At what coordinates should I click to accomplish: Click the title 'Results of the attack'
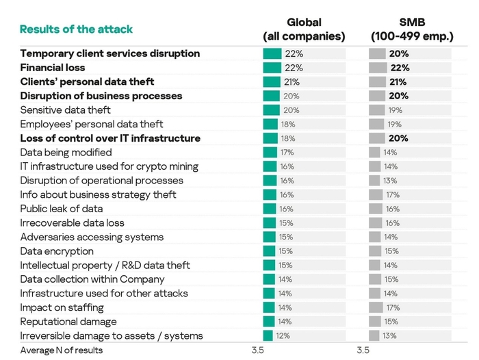tap(76, 29)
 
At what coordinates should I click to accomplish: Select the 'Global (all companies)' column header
tap(304, 29)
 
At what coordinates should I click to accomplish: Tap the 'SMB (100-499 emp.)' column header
tap(412, 29)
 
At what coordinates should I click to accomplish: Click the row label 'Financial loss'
tap(53, 68)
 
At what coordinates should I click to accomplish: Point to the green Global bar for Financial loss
tap(272, 68)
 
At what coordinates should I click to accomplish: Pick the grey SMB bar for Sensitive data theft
tap(376, 110)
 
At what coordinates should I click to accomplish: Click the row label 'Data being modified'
tap(66, 152)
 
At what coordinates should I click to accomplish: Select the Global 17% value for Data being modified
tap(287, 153)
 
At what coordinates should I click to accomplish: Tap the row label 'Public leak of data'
tap(62, 209)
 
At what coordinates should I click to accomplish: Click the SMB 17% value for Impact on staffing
tap(393, 308)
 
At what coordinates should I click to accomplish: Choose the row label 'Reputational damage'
tap(68, 322)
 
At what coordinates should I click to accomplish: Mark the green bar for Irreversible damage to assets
tap(268, 335)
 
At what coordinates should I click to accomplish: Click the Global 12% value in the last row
tap(283, 336)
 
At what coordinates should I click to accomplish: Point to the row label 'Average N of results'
tap(62, 350)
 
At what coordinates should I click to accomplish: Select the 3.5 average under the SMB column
tap(363, 350)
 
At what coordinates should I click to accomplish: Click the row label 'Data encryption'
tap(57, 251)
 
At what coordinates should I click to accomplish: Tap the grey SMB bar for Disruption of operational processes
tap(374, 181)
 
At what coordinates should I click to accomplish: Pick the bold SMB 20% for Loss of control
tap(398, 138)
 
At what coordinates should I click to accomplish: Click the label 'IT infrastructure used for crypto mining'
tap(109, 166)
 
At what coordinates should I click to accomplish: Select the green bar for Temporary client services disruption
tap(272, 54)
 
